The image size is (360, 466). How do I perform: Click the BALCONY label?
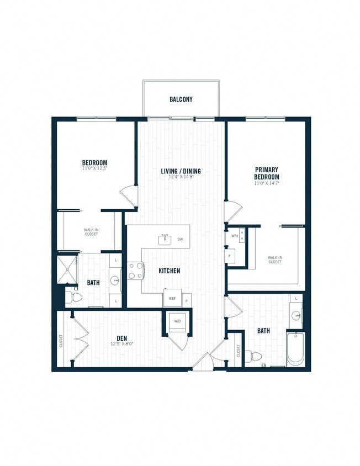181,100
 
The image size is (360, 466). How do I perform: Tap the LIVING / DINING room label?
181,171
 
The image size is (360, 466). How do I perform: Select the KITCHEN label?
169,271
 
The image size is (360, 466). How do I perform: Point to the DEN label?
123,338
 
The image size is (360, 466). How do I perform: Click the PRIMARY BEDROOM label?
267,173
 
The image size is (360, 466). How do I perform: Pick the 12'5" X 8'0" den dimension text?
123,345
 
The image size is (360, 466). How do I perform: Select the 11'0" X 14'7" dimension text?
267,183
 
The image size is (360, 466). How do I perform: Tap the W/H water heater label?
235,236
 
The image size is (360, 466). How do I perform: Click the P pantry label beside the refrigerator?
186,301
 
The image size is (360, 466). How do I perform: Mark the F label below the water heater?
231,256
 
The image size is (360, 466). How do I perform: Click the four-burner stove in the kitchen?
136,270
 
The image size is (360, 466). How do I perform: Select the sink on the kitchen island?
165,240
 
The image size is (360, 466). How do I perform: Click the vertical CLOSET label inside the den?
61,341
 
